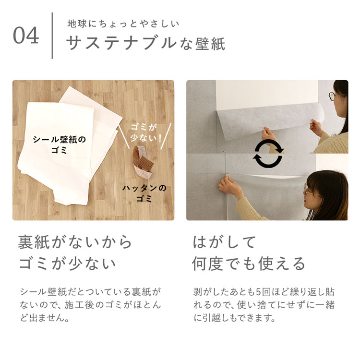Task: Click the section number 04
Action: click(26, 36)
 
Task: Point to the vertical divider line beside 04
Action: click(52, 36)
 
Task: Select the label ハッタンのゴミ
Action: click(144, 193)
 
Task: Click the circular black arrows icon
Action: click(268, 154)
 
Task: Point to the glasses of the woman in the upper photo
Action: click(332, 96)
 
